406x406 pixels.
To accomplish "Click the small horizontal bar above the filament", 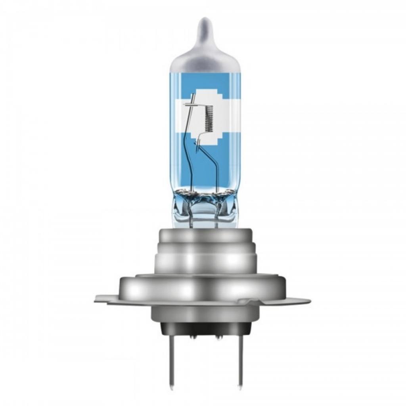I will [x=192, y=104].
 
